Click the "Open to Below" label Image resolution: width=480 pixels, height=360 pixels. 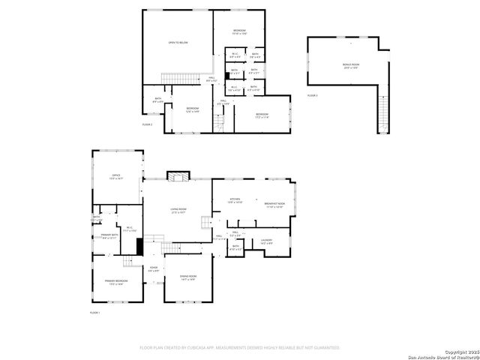(178, 43)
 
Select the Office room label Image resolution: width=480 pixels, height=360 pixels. (116, 178)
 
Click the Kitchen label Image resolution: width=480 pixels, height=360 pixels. (235, 201)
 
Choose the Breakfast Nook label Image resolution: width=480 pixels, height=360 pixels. (274, 205)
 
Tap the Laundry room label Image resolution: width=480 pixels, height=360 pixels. (266, 241)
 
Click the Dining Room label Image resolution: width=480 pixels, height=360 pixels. (187, 278)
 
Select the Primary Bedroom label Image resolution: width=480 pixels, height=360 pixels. (115, 282)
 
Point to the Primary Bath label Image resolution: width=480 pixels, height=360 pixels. (109, 237)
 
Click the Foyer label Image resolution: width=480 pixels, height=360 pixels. (153, 268)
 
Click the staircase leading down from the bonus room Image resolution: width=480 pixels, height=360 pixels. (384, 112)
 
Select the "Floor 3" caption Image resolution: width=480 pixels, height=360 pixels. (312, 96)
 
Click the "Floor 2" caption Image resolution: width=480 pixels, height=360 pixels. (148, 124)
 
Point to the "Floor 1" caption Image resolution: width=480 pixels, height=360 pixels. (95, 312)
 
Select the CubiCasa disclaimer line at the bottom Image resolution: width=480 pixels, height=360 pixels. (240, 348)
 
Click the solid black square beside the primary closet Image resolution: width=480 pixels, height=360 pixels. (139, 245)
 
